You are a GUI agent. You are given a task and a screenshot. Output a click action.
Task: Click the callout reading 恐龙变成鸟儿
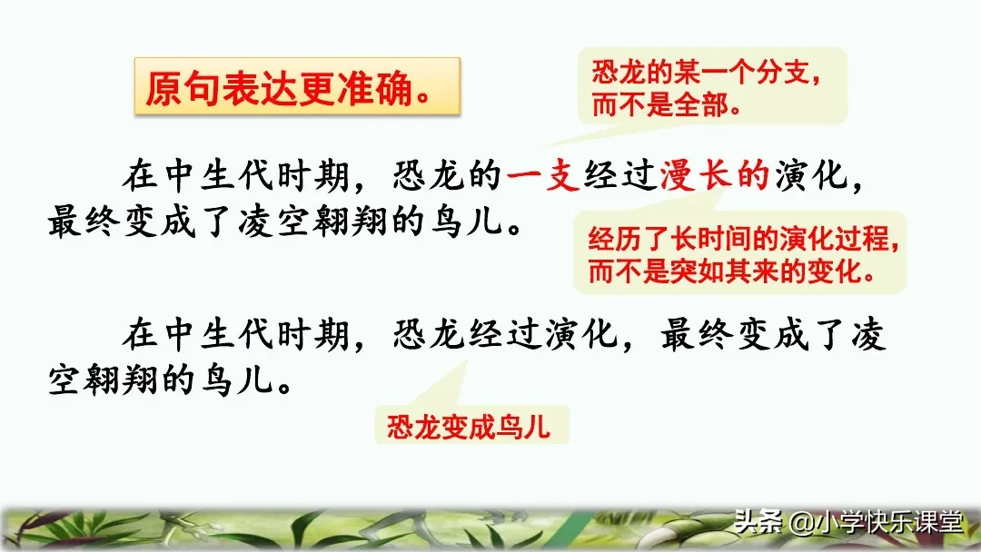click(469, 427)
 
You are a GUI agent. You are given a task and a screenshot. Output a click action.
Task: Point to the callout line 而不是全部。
click(666, 105)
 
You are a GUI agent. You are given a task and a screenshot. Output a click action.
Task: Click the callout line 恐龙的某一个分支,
click(707, 74)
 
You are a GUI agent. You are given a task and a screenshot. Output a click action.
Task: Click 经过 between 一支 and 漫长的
click(621, 175)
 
